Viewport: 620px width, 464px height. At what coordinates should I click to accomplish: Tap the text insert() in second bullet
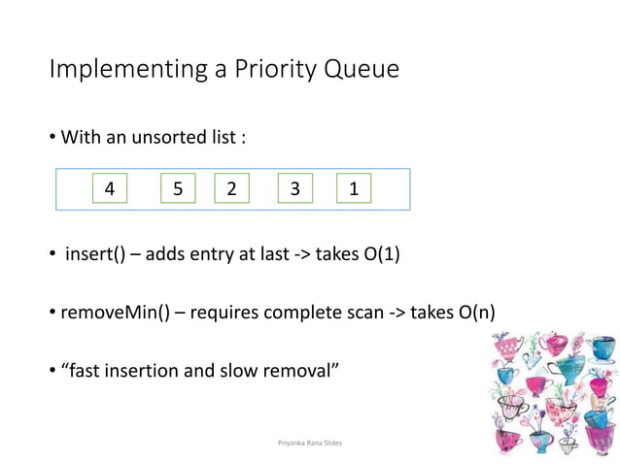point(95,254)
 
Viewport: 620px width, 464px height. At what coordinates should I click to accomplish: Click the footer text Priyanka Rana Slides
point(310,442)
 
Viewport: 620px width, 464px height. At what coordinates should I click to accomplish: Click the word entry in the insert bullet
point(219,254)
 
